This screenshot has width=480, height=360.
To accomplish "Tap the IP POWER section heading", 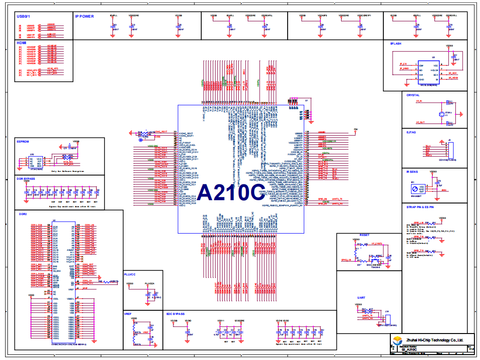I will point(85,16).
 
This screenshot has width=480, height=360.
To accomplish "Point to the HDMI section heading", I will point(21,43).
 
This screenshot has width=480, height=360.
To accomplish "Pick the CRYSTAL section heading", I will point(413,95).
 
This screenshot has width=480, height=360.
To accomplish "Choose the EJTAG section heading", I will point(411,132).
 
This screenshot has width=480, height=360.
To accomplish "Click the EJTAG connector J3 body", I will point(448,151).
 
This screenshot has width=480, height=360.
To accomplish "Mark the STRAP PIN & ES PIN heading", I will point(420,207).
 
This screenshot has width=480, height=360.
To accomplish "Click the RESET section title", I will point(364,235).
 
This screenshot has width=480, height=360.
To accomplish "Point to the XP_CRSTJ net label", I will point(376,243).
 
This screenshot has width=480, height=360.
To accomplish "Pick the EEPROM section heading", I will point(23,140).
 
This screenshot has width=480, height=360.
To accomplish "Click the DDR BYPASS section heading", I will point(26,178).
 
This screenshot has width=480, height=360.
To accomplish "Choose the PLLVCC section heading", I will point(131,275).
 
